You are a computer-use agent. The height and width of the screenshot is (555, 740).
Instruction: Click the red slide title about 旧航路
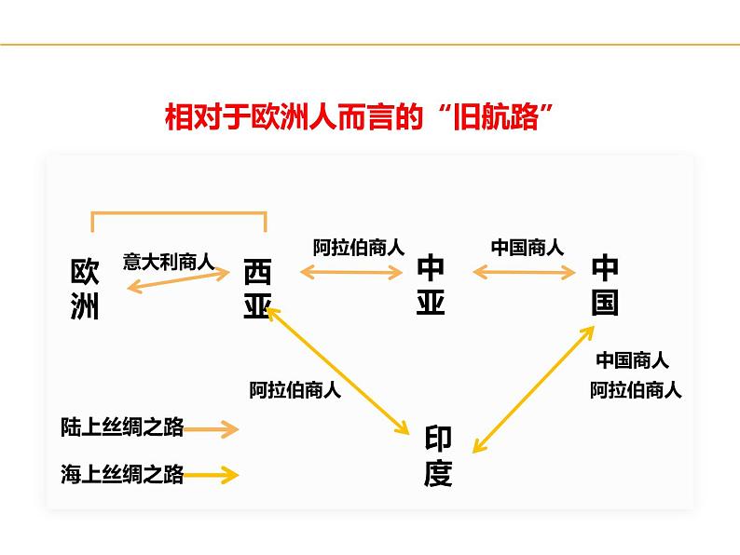click(x=359, y=116)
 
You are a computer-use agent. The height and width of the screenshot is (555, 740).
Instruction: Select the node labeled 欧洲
click(x=85, y=289)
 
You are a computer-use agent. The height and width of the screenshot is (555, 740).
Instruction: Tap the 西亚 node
click(x=257, y=289)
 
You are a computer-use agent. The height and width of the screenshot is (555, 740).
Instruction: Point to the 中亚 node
click(x=431, y=284)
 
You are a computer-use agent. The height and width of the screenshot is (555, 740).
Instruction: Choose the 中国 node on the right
click(x=605, y=284)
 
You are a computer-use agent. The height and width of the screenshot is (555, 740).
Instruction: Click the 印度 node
click(x=438, y=456)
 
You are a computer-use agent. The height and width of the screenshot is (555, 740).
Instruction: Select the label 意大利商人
click(x=169, y=262)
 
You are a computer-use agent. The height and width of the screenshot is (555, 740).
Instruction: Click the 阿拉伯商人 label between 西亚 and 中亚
click(x=359, y=248)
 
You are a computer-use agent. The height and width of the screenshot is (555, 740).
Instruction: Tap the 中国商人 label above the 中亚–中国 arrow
click(x=528, y=248)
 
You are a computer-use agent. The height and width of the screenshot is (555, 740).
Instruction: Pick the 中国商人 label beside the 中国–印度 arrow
click(x=633, y=360)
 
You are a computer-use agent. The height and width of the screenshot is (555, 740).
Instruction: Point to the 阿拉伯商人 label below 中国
click(x=636, y=390)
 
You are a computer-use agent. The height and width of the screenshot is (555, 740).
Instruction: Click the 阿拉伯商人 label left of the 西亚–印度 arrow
click(x=295, y=390)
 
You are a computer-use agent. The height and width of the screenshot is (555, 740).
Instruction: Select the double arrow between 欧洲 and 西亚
click(x=178, y=279)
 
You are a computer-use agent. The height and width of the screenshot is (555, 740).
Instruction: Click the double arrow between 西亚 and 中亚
click(x=351, y=272)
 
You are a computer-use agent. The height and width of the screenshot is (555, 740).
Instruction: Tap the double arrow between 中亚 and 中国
click(x=524, y=272)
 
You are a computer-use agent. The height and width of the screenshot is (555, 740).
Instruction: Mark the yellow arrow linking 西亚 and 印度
click(x=338, y=370)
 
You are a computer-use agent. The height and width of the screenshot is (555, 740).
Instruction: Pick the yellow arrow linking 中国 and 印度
click(x=534, y=389)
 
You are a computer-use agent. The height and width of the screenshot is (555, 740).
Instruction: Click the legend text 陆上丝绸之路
click(x=122, y=427)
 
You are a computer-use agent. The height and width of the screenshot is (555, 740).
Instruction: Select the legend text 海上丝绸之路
click(x=122, y=474)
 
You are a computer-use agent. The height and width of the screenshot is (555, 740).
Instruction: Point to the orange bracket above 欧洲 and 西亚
click(x=179, y=213)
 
